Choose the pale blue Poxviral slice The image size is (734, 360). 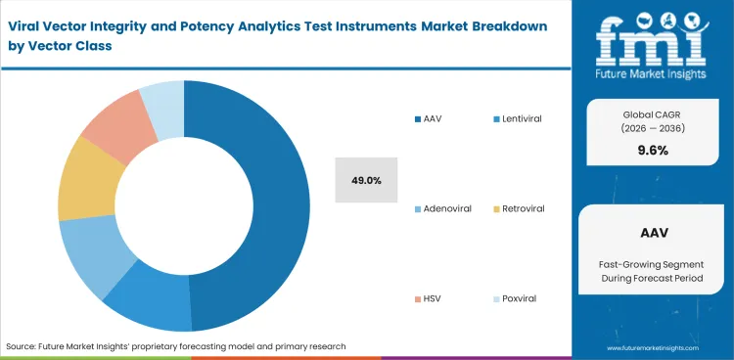pos(161,101)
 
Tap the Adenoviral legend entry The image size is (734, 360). pos(448,208)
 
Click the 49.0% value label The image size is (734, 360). pos(366,181)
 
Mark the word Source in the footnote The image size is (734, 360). pos(22,346)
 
